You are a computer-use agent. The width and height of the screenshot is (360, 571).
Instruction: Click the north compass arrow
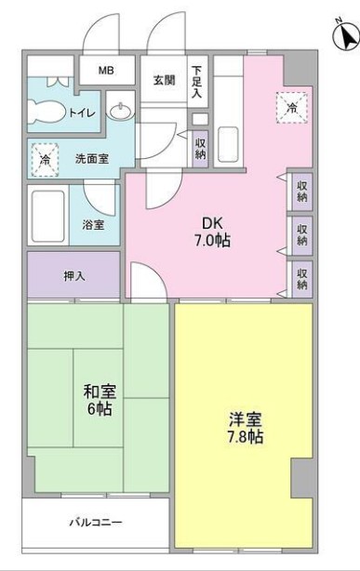pos(345,38)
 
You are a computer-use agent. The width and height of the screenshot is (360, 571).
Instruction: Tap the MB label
pos(108,72)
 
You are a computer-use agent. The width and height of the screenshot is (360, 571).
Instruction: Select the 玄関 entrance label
pos(165,80)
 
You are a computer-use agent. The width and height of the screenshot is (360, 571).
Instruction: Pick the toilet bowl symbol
pos(44,113)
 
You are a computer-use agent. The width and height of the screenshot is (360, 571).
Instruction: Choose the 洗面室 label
pos(92,159)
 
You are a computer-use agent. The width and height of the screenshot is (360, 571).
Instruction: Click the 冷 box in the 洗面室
pos(44,160)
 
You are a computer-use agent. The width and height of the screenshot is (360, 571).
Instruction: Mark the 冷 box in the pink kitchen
pos(291,109)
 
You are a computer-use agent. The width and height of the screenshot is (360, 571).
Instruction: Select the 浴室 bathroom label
pos(93,224)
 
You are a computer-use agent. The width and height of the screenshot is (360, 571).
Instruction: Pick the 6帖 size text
pos(98,409)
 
